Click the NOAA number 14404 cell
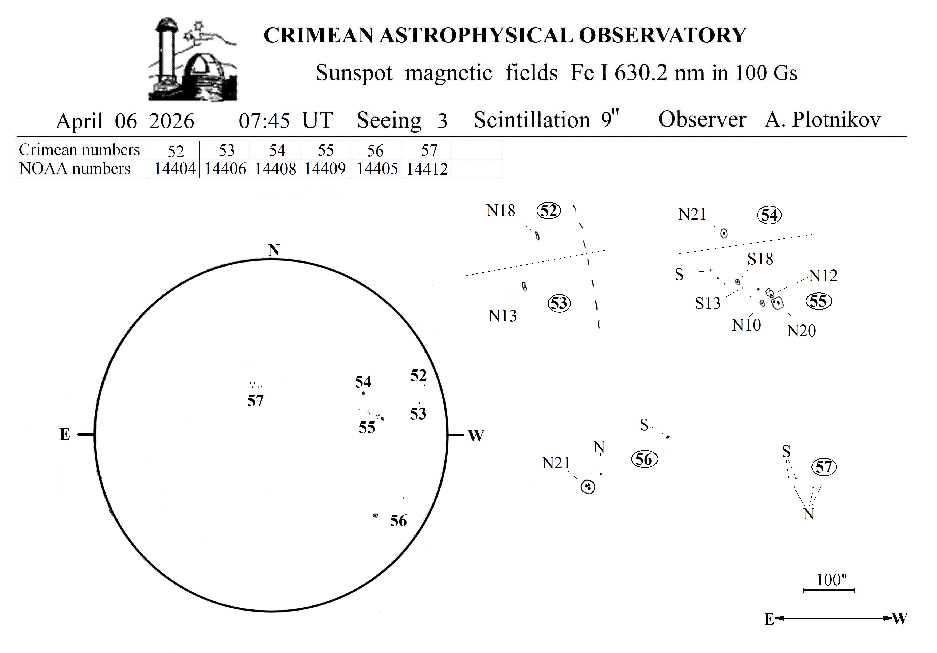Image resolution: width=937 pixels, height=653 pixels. tap(175, 169)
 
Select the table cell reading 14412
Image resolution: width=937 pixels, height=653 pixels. tap(427, 169)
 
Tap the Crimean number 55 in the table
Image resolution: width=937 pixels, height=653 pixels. tap(326, 150)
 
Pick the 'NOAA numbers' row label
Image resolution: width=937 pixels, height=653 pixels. tap(75, 168)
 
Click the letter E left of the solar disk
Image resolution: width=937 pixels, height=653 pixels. tap(64, 434)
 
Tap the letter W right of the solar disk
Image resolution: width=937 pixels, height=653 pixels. tap(476, 436)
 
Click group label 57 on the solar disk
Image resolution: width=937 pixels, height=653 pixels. tap(255, 401)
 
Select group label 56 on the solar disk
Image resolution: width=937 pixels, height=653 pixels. tap(398, 521)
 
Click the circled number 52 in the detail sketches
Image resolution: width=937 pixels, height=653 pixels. tap(548, 211)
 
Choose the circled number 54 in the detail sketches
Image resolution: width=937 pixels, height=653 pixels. tap(769, 215)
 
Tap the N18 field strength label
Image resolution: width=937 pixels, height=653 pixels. tap(501, 211)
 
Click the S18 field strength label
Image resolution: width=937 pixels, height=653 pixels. tap(760, 259)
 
